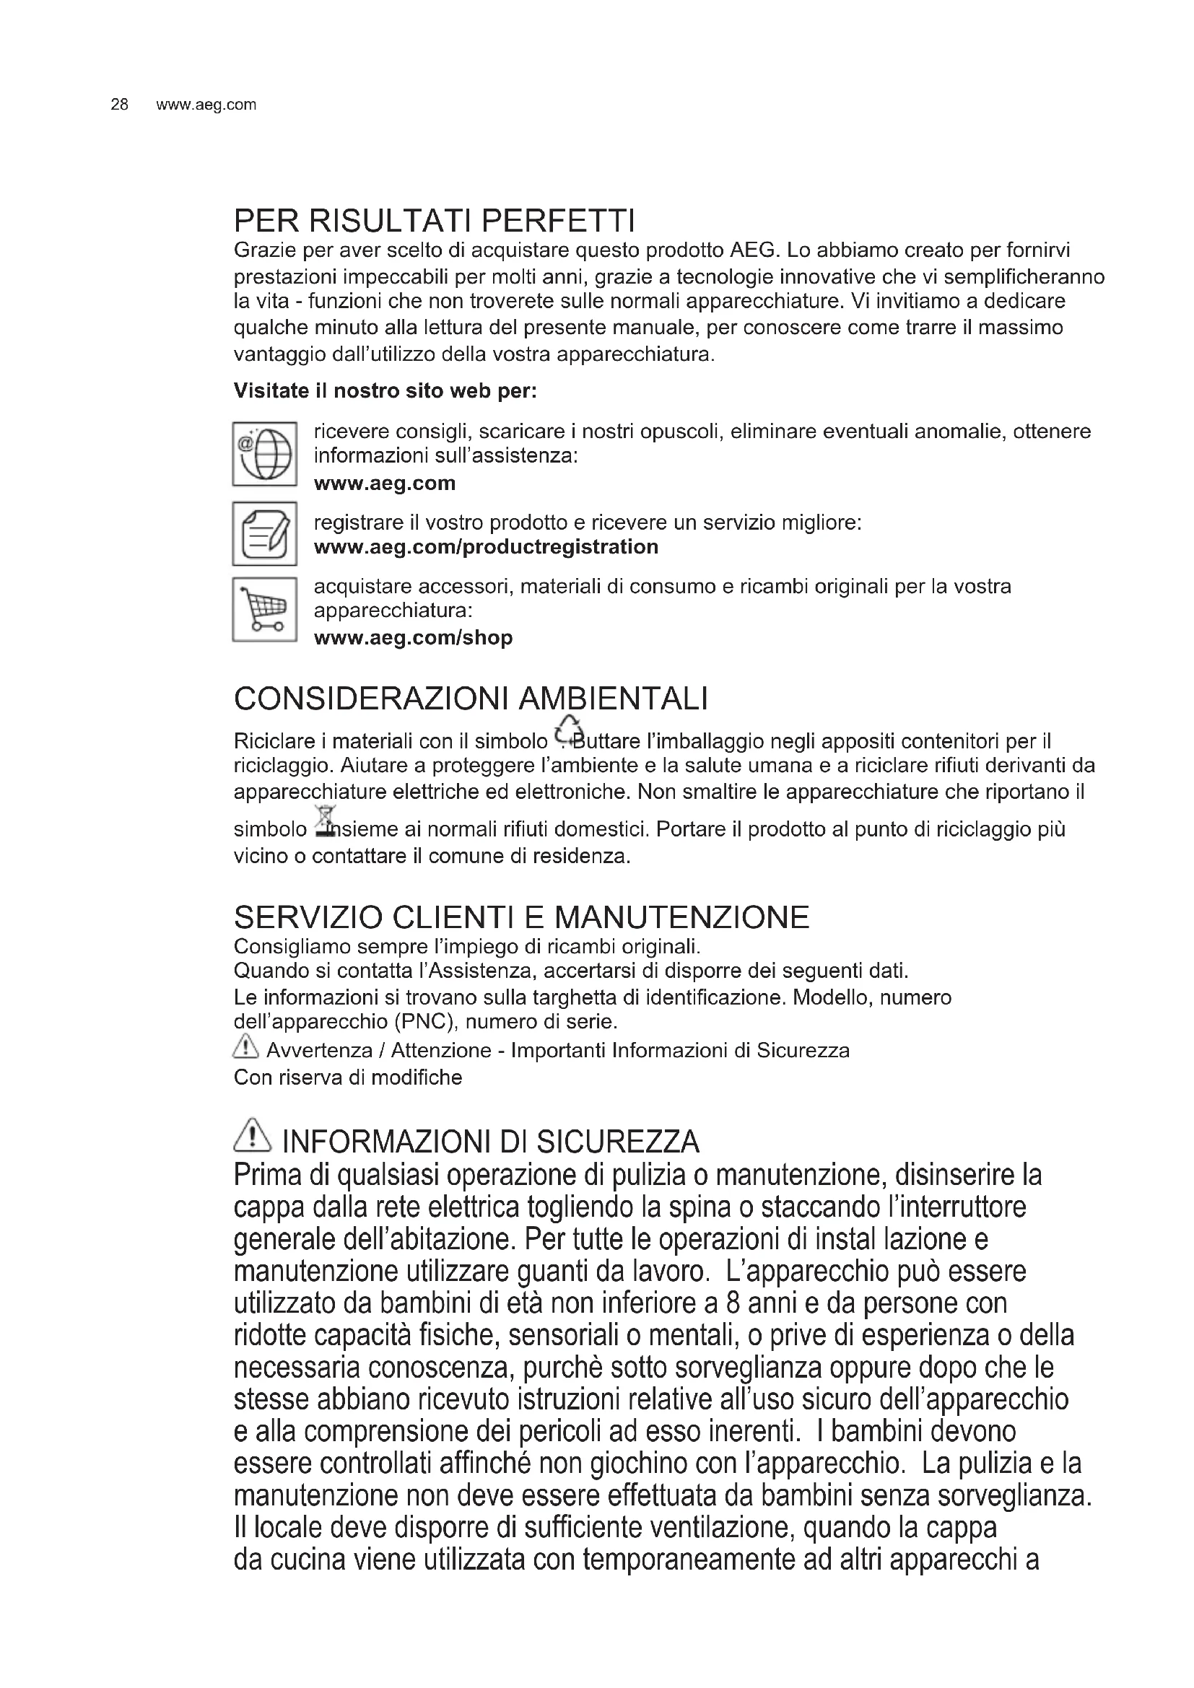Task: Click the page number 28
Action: point(119,105)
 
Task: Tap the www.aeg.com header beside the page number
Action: point(206,105)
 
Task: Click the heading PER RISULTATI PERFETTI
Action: point(434,220)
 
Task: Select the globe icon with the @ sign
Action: point(265,454)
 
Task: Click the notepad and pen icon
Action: point(265,534)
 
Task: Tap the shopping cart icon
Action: point(265,610)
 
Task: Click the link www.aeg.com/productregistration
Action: point(486,547)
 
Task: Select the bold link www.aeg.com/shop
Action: point(413,637)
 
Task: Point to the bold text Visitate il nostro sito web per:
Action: point(385,391)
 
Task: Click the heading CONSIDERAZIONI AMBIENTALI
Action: point(471,699)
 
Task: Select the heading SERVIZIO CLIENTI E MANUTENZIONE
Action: point(521,917)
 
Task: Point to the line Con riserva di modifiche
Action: point(348,1077)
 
